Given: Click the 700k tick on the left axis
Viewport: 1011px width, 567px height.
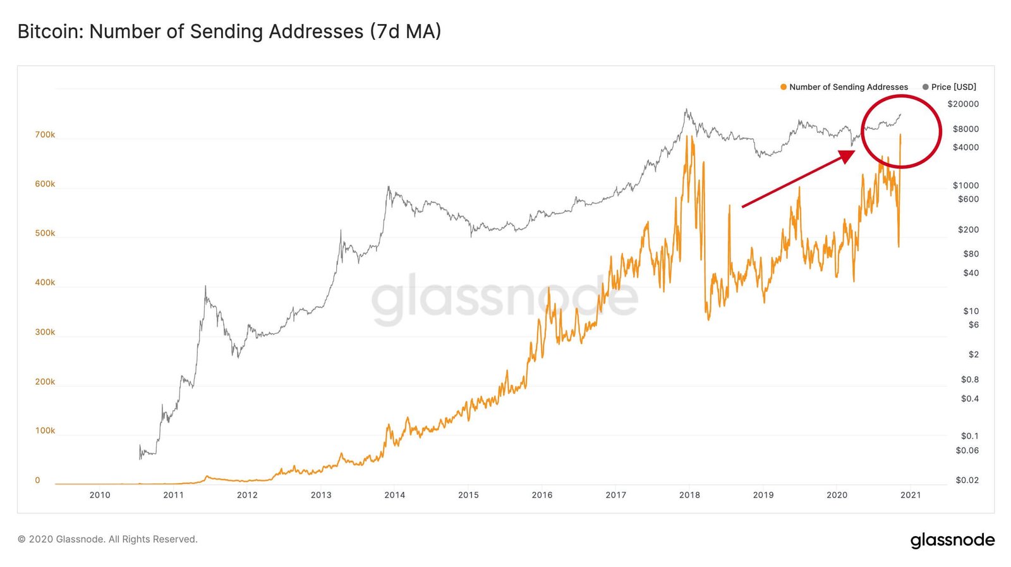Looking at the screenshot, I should click(45, 135).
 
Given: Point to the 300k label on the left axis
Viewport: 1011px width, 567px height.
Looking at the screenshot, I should click(45, 332).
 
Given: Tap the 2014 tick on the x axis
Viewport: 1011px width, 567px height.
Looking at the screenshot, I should click(395, 495).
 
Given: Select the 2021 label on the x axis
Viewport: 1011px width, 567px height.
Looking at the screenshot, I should click(911, 495).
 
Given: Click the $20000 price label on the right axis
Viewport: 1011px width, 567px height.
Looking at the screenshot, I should click(963, 104).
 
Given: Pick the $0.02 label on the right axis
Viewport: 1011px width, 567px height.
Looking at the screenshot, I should click(967, 480).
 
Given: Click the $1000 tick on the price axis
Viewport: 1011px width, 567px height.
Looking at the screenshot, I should click(966, 185).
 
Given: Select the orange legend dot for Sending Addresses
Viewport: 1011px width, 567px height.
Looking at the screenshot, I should click(784, 87).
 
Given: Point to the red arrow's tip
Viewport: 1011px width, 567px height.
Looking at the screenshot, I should click(854, 152).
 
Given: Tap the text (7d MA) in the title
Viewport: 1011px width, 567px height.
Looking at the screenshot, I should click(405, 31).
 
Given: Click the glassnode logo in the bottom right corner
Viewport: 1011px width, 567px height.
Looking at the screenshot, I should click(952, 540).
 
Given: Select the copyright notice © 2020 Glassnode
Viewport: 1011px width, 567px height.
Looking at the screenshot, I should click(107, 539).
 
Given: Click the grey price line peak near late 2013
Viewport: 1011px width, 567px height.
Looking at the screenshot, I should click(388, 187).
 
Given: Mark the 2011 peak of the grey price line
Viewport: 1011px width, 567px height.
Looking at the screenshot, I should click(205, 287).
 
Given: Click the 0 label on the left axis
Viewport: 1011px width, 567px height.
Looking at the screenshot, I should click(37, 480).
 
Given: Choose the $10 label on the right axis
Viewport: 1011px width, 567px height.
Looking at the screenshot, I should click(971, 311).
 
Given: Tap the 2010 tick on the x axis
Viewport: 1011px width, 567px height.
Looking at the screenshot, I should click(100, 495).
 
